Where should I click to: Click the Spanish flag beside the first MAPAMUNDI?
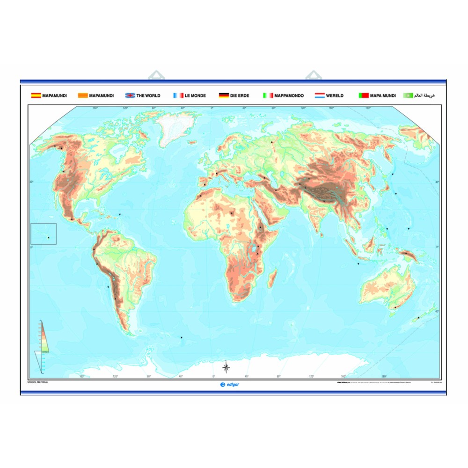point(36,95)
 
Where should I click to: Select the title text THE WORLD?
point(148,95)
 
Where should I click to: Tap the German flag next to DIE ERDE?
point(224,95)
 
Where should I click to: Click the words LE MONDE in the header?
point(195,95)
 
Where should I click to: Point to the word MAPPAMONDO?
point(289,95)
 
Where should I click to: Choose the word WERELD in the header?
point(336,95)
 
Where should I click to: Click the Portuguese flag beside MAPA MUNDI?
point(364,95)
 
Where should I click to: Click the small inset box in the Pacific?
point(44,234)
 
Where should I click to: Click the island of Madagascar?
point(271,278)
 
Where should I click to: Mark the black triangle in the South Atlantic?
point(182,338)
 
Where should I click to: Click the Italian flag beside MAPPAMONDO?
point(267,95)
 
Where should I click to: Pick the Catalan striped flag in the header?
point(82,95)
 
